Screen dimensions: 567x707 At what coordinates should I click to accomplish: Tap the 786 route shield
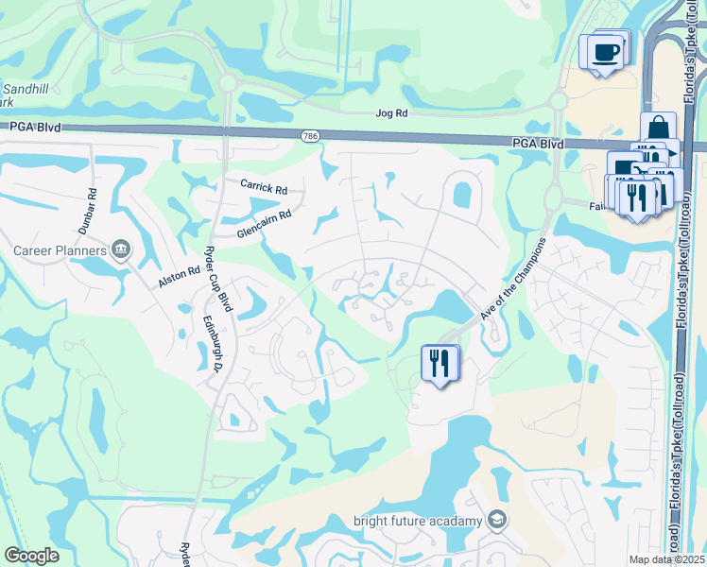point(309,137)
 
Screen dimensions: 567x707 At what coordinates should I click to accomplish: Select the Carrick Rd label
point(263,188)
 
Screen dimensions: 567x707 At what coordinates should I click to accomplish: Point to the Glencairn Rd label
point(264,223)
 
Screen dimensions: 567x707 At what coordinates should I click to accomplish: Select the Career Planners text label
point(58,250)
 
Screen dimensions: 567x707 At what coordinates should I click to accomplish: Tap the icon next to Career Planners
point(121,249)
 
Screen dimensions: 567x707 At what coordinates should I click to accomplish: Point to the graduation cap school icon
point(498,521)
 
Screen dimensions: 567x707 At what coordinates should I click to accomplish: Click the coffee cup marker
point(605,51)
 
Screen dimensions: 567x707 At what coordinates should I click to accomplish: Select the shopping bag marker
point(658,129)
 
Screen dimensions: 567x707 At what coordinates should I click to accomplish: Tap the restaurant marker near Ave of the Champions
point(438,363)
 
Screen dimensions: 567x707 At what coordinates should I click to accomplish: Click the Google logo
point(31,556)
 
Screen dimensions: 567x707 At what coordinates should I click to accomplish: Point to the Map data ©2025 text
point(666,559)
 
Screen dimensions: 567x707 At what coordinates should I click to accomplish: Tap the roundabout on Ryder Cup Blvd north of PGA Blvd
point(227,84)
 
